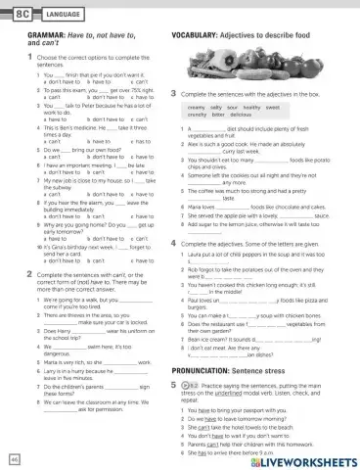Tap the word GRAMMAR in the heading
point(39,34)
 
